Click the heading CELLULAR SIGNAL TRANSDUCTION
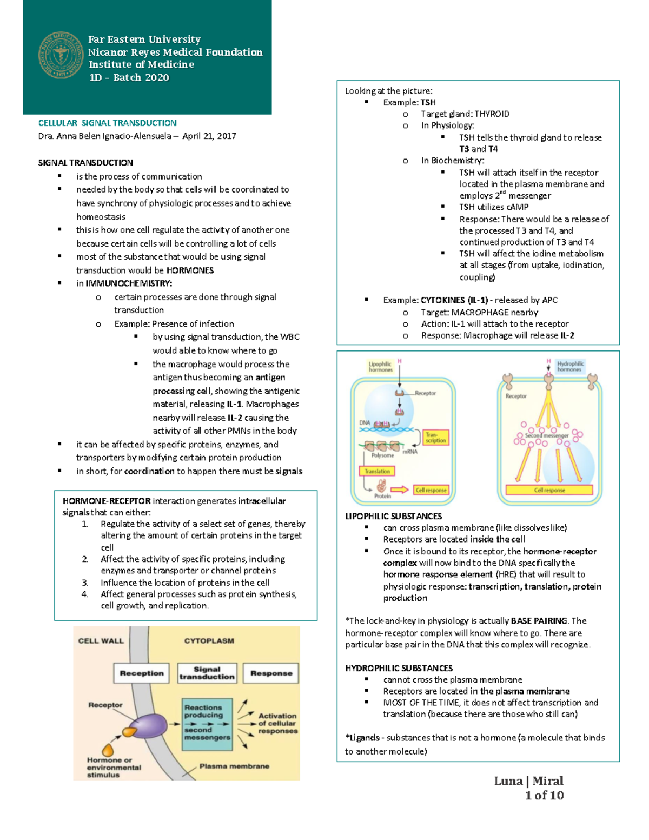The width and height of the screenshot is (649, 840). pos(107,123)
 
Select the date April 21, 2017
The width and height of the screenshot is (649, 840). pos(209,136)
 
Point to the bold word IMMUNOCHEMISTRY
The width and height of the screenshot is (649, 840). pos(129,283)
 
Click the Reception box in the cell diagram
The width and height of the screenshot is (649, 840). pos(142,673)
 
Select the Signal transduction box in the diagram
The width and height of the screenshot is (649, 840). pos(207,673)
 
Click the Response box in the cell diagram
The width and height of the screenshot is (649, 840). pos(271,673)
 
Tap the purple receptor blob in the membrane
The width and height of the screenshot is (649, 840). pos(148,725)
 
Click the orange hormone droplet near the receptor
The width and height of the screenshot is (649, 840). pos(108,750)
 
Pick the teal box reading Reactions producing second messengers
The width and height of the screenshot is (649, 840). pos(207,724)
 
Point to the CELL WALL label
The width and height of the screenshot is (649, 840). pos(101,641)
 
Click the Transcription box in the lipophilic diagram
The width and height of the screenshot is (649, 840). pos(435,438)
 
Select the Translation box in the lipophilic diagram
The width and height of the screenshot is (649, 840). pos(377,471)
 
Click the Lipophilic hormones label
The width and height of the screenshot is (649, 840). pos(381,367)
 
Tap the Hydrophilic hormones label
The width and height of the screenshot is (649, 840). pos(571,366)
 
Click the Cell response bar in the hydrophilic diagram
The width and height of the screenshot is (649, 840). pos(549,490)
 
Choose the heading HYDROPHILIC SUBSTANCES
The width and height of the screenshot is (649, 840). pos(399,668)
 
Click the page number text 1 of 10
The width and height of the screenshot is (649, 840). pos(544,795)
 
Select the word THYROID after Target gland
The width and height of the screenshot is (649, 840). pos(492,114)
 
